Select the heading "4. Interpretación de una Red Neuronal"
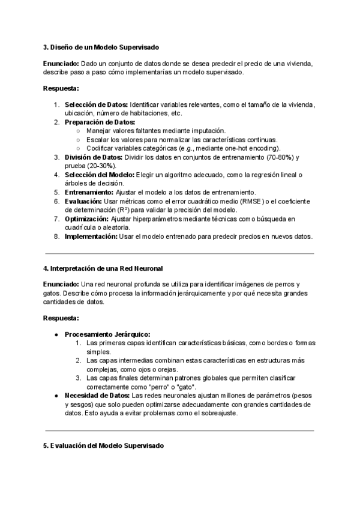pyautogui.click(x=103, y=268)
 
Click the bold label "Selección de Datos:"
pyautogui.click(x=96, y=105)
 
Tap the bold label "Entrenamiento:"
pyautogui.click(x=89, y=192)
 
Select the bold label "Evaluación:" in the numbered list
pyautogui.click(x=83, y=201)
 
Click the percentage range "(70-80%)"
pyautogui.click(x=277, y=157)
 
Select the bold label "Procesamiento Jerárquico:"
pyautogui.click(x=107, y=334)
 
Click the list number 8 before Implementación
pyautogui.click(x=56, y=236)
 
